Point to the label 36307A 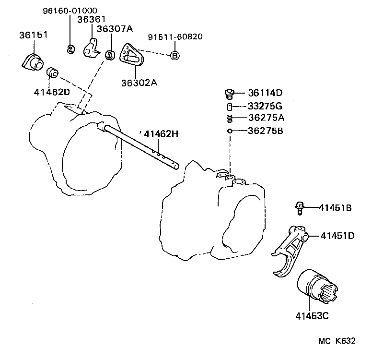(x=115, y=29)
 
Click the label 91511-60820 (x=175, y=36)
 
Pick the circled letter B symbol (x=175, y=56)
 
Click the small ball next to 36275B (x=230, y=131)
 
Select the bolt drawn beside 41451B (x=298, y=208)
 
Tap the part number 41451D (x=337, y=236)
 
